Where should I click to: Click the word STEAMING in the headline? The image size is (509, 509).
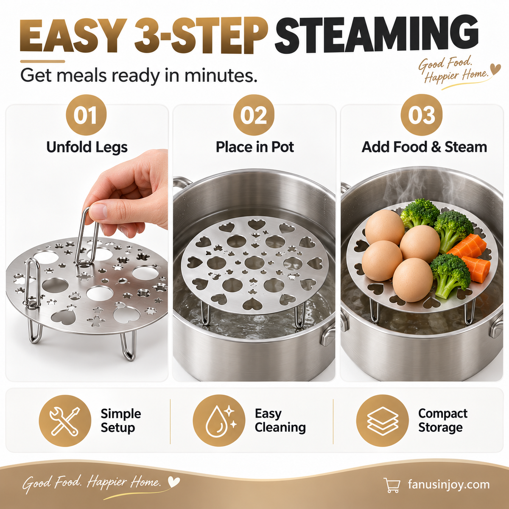point(377,35)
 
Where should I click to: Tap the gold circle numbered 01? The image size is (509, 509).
point(86,115)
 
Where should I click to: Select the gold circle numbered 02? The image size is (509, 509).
point(254,115)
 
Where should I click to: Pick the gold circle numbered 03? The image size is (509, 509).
point(422,115)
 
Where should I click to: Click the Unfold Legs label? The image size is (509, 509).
point(87,147)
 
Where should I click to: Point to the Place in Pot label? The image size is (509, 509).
point(255,147)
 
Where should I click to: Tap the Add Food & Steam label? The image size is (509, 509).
point(424,147)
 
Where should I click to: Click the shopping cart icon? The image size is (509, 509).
point(392,485)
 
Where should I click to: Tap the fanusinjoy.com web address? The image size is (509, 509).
point(449,485)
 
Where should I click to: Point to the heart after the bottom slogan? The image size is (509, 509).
point(174,482)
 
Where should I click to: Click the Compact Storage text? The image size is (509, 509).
point(443,420)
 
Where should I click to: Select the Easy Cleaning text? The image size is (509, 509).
point(280,420)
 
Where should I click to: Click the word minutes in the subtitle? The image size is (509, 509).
point(221,75)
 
